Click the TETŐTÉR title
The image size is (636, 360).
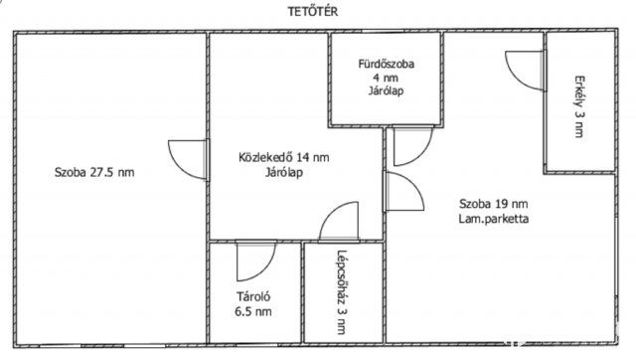pyautogui.click(x=313, y=11)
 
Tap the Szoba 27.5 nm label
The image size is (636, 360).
pyautogui.click(x=94, y=172)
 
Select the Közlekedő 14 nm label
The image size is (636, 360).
pyautogui.click(x=284, y=157)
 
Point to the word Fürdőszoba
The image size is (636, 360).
pyautogui.click(x=387, y=64)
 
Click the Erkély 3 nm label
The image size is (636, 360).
pyautogui.click(x=579, y=106)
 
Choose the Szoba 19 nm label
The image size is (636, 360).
pyautogui.click(x=494, y=203)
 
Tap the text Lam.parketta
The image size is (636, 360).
pyautogui.click(x=494, y=219)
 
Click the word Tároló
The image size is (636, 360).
pyautogui.click(x=253, y=296)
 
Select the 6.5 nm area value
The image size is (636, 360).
pyautogui.click(x=253, y=311)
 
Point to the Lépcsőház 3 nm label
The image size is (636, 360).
pyautogui.click(x=342, y=291)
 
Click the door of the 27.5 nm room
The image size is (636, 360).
pyautogui.click(x=189, y=160)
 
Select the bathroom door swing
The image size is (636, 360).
pyautogui.click(x=413, y=146)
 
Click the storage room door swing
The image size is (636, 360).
pyautogui.click(x=256, y=262)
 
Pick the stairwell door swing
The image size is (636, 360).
pyautogui.click(x=339, y=222)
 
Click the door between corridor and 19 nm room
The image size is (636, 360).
pyautogui.click(x=404, y=192)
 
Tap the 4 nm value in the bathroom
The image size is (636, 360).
pyautogui.click(x=387, y=78)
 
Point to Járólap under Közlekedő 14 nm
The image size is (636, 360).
pyautogui.click(x=284, y=172)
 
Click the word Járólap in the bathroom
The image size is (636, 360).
pyautogui.click(x=387, y=90)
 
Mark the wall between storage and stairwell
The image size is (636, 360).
pyautogui.click(x=302, y=292)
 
